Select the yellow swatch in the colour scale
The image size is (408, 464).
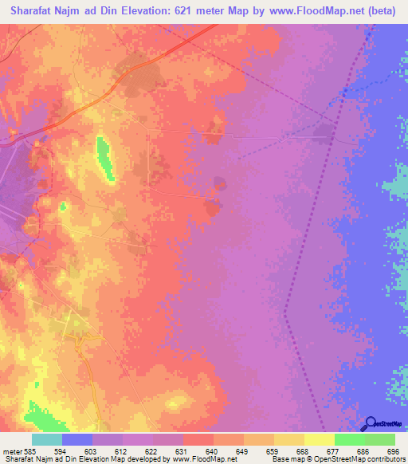click(320, 440)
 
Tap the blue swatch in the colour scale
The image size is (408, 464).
click(76, 440)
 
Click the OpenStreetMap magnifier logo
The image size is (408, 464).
click(371, 423)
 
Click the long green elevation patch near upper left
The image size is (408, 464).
click(104, 156)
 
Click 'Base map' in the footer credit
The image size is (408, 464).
click(285, 459)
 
